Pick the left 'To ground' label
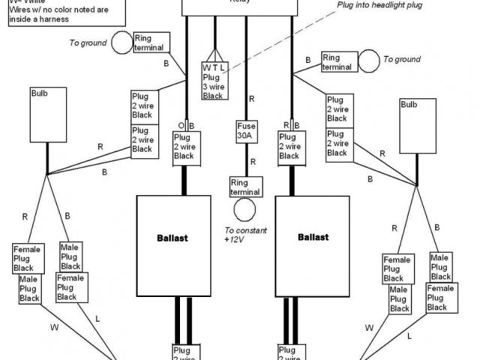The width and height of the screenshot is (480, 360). (88, 43)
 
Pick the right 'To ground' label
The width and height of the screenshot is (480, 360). (402, 59)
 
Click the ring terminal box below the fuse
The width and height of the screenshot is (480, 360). (246, 186)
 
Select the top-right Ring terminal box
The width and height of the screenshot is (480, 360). (337, 62)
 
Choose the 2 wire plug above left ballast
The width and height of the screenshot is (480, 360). (184, 146)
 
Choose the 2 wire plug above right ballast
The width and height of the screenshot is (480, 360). (289, 146)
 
